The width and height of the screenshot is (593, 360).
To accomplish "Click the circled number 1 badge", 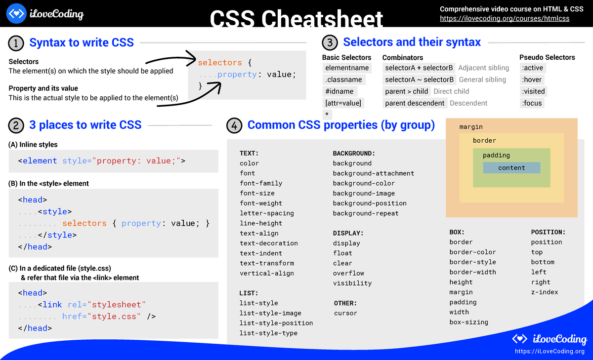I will (x=16, y=43).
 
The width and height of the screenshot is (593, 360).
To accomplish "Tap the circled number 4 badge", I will (x=234, y=126).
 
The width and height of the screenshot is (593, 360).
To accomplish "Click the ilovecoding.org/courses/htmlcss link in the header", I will (x=505, y=19).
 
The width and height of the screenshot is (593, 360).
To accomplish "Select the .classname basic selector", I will (x=343, y=80).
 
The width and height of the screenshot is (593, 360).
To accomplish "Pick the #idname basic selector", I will (x=339, y=91).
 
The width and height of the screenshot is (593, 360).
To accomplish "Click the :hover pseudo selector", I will (x=532, y=80).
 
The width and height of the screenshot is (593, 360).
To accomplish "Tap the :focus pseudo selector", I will (x=532, y=103).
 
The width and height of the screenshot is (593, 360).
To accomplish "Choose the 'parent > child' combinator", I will (x=406, y=91).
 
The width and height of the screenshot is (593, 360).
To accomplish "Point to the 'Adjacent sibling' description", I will (x=483, y=68).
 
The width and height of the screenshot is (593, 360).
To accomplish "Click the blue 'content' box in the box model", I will (x=511, y=168).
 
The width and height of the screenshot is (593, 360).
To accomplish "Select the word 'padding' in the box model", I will (x=496, y=155).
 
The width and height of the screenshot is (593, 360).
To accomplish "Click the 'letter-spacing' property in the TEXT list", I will (x=267, y=213).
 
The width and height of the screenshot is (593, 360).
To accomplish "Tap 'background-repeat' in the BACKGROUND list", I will (x=366, y=213).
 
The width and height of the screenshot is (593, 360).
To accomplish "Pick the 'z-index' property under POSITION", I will (x=545, y=292).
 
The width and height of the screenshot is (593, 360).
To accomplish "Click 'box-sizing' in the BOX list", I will (x=468, y=322).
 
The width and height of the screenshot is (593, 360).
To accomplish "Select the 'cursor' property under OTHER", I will (x=345, y=313).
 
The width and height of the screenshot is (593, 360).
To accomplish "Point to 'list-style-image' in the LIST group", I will (x=270, y=313).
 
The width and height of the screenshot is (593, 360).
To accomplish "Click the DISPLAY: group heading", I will (x=348, y=233).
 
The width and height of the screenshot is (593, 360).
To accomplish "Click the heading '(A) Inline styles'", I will (x=33, y=145).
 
